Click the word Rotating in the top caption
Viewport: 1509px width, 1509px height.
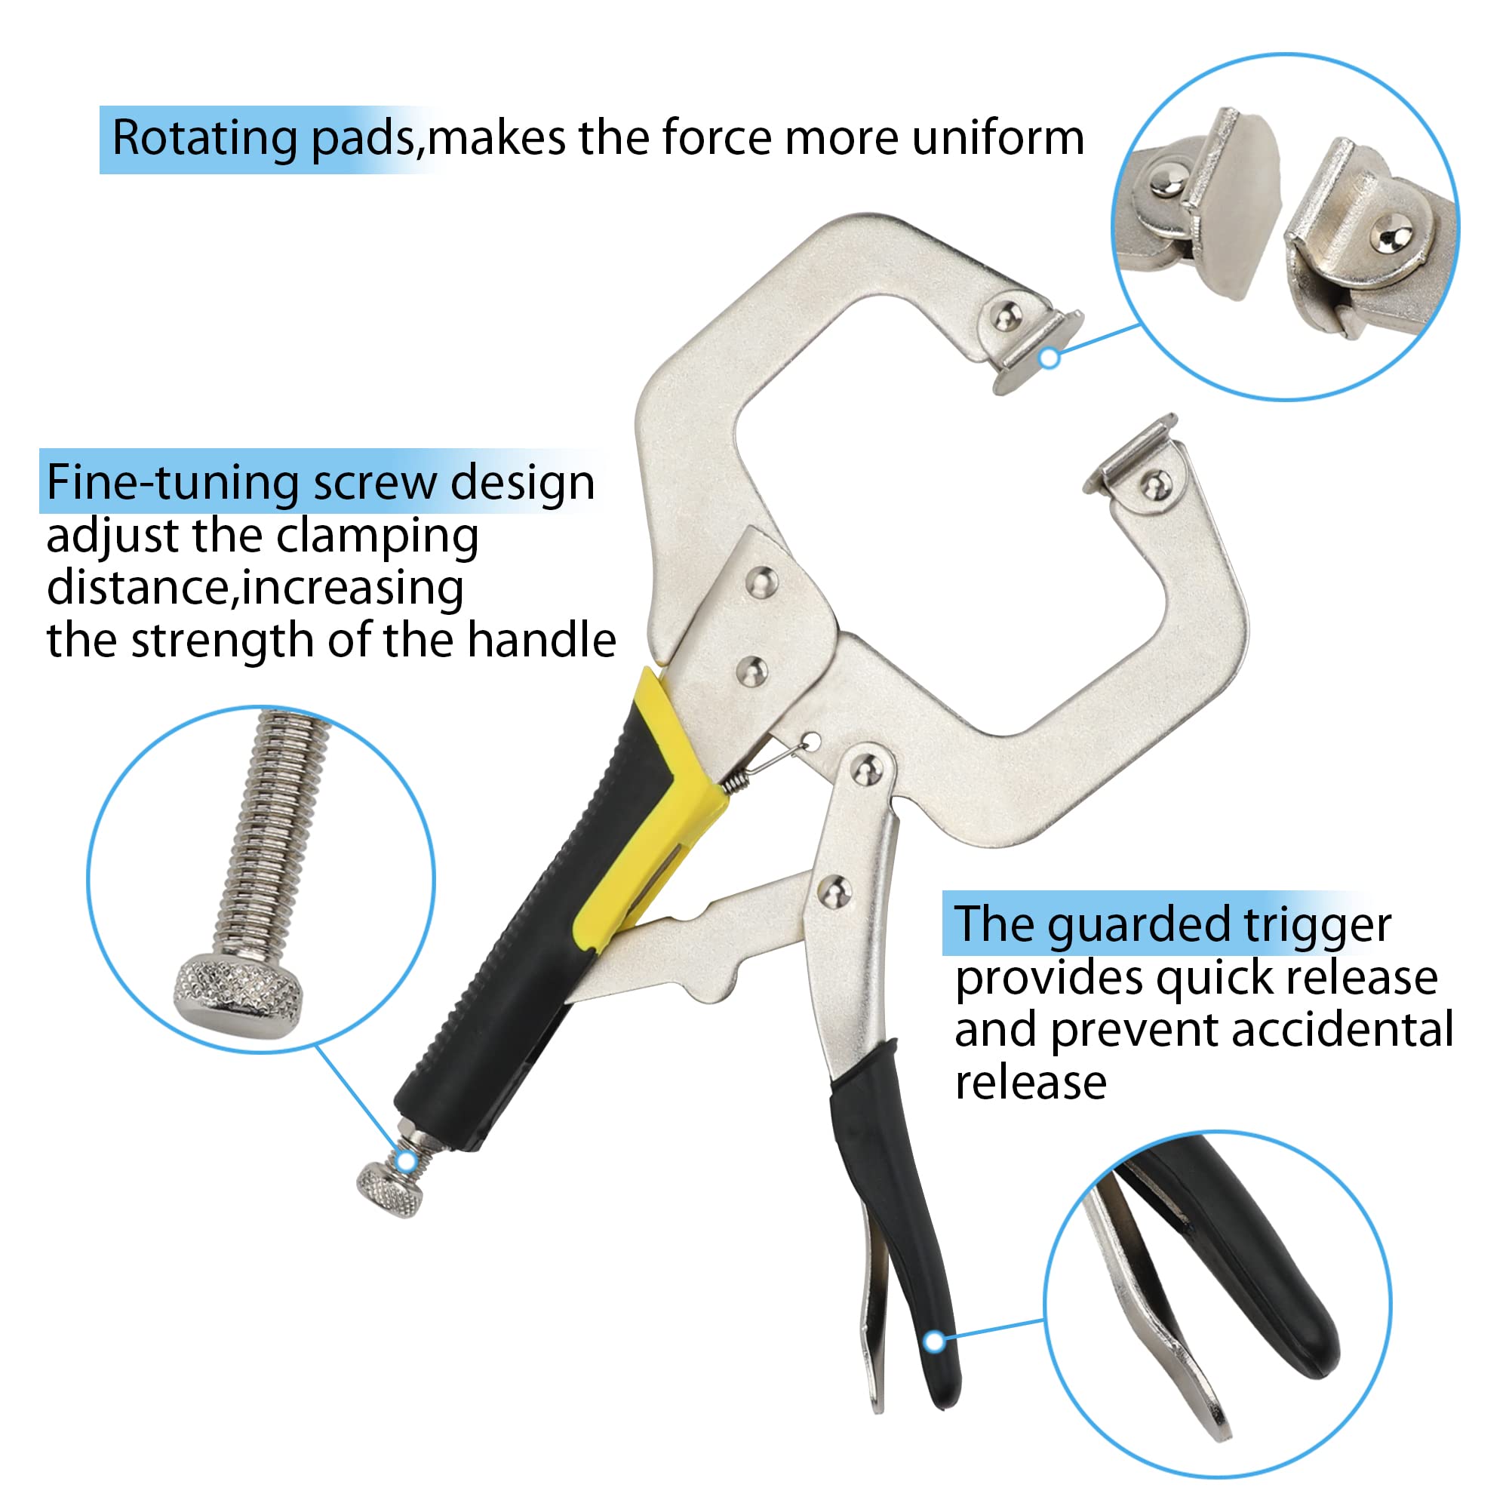pos(204,138)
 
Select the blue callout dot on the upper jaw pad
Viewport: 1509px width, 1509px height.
pos(1050,358)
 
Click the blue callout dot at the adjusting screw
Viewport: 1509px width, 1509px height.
pos(406,1161)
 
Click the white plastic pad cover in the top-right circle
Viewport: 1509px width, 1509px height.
pos(1242,203)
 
